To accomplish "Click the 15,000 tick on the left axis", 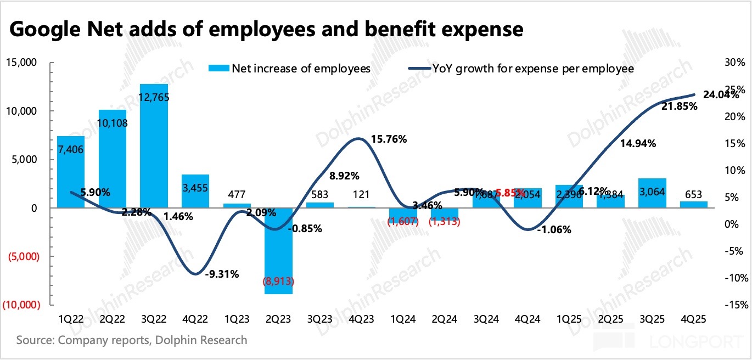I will tap(21, 63).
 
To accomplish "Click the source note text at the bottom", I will tap(132, 340).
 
